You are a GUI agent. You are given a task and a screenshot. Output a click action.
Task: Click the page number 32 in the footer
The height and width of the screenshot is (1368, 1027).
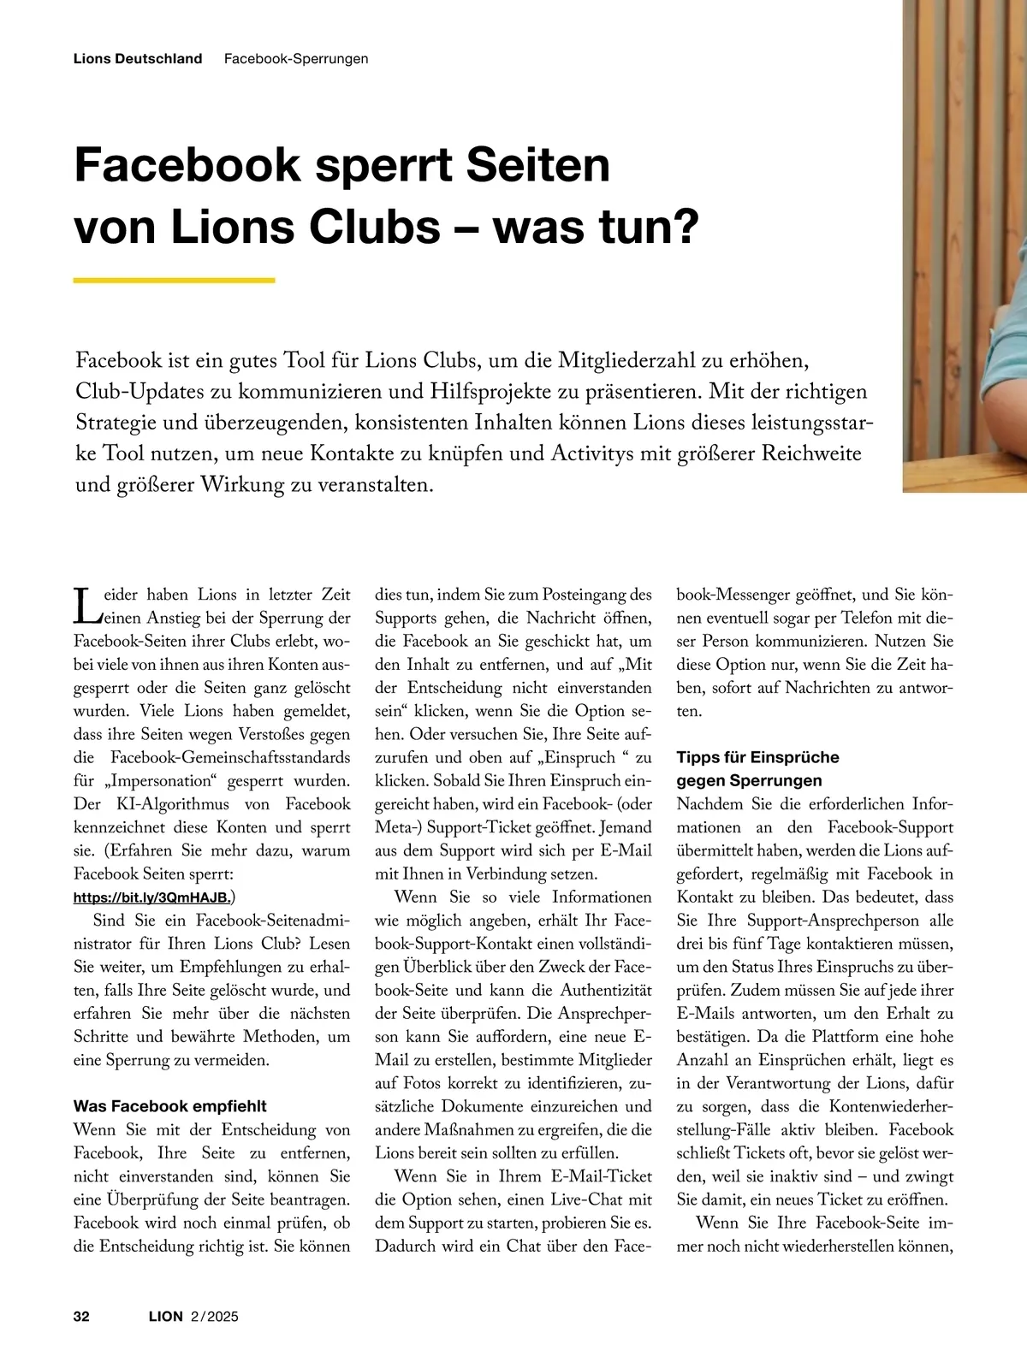click(x=81, y=1316)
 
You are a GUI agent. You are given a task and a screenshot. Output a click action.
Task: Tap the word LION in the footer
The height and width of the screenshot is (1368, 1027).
click(x=166, y=1316)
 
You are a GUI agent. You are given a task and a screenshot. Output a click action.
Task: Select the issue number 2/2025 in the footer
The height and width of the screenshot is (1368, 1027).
click(x=215, y=1316)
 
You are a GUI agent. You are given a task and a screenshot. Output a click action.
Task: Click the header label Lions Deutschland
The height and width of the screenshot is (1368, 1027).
click(x=138, y=59)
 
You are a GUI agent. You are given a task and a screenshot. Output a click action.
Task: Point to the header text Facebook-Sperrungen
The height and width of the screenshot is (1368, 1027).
click(x=296, y=59)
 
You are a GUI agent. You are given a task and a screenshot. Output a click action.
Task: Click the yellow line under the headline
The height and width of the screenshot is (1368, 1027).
click(x=174, y=280)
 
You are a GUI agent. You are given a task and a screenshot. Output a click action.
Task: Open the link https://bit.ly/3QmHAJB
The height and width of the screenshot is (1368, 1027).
click(x=151, y=897)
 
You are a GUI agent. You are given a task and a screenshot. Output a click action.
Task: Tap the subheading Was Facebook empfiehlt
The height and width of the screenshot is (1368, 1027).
click(x=170, y=1106)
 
